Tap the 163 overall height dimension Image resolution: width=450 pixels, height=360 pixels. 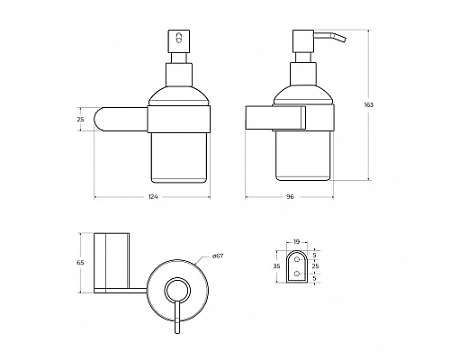coord(369,104)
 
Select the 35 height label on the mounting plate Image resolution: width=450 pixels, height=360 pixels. coord(276,267)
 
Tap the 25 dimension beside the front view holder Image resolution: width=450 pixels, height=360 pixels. coord(80,119)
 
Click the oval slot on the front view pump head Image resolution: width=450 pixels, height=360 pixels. coord(176,39)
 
